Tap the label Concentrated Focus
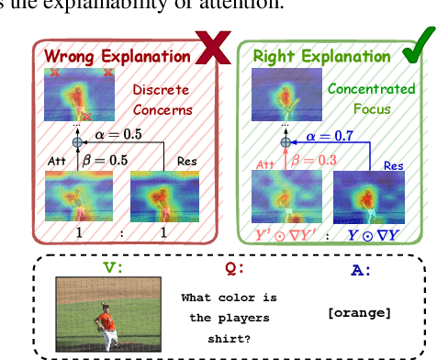point(362,98)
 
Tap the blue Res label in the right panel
point(393,166)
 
